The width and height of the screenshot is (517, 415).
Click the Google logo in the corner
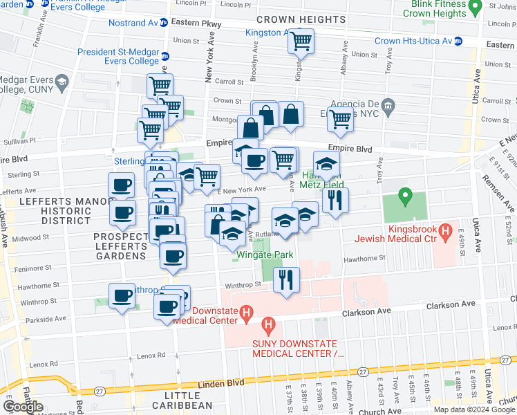pos(23,407)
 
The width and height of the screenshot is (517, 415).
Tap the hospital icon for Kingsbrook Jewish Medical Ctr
pos(446,229)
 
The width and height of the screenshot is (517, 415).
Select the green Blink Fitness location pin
pos(474,7)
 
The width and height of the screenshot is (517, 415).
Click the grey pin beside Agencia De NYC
pos(387,106)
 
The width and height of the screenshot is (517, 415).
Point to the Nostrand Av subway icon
pos(163,23)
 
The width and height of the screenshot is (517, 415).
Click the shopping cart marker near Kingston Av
pos(301,41)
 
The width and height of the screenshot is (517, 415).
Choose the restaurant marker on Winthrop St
pos(285,279)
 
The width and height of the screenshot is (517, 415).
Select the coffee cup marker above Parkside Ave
pos(122,296)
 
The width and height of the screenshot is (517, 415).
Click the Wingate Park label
pos(265,255)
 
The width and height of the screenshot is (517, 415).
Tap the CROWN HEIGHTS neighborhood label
pos(301,19)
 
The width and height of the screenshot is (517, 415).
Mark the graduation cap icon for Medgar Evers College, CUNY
pos(62,82)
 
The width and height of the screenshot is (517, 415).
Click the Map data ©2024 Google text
pos(474,409)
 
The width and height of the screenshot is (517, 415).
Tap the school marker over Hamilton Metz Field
pos(327,164)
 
